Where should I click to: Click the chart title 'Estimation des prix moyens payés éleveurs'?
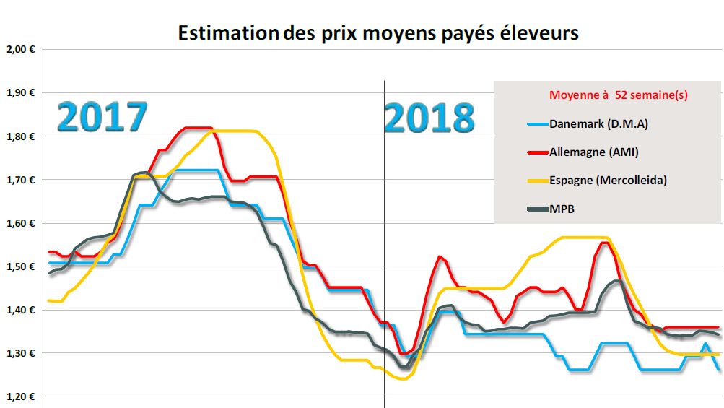pos(378,33)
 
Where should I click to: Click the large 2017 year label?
pos(103,116)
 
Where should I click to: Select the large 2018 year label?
pos(429,116)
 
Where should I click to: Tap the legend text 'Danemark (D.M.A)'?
pos(598,123)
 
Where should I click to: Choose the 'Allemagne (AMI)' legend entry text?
pos(594,152)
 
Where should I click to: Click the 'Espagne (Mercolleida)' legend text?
pos(608,180)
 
